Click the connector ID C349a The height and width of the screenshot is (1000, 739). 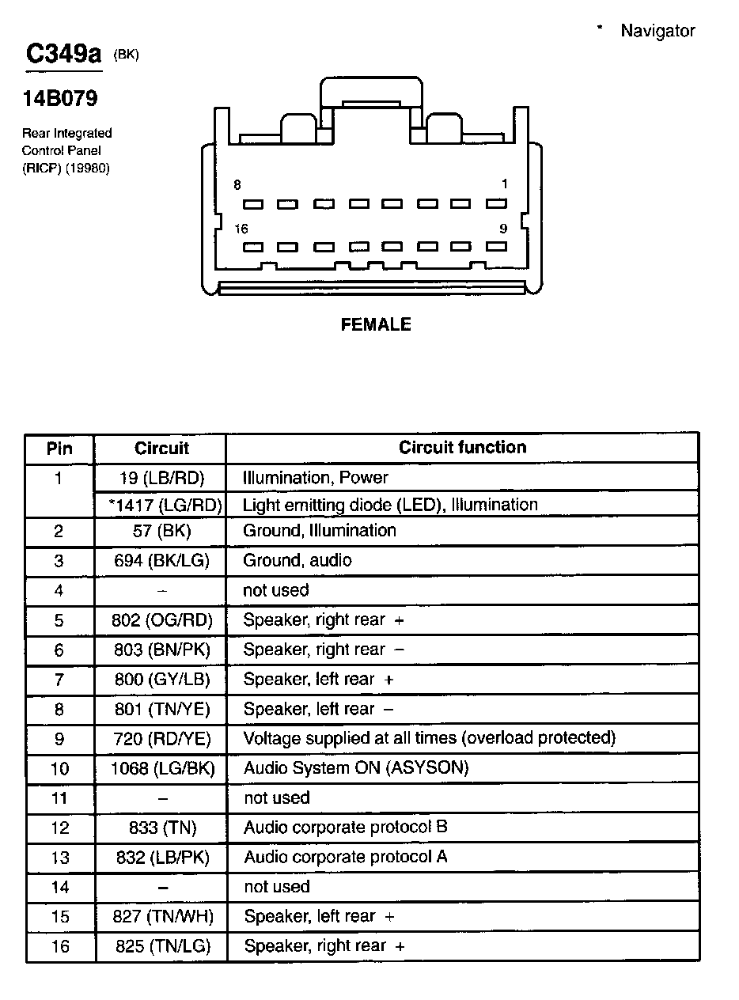64,54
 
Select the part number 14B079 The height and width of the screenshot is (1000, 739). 60,99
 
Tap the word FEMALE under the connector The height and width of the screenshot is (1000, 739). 376,324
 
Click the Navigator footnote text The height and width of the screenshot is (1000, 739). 657,31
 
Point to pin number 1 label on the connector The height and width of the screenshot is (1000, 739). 504,184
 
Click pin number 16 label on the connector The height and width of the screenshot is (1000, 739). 241,229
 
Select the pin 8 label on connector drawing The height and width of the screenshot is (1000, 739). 237,184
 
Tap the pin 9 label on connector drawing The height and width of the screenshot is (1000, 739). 503,229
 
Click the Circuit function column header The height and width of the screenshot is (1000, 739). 462,447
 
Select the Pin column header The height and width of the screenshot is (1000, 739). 59,449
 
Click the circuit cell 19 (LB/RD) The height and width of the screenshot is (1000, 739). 161,477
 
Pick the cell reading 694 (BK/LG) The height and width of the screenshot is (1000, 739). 161,561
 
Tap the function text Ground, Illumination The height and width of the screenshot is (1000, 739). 320,531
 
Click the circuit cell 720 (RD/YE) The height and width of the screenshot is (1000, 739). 161,739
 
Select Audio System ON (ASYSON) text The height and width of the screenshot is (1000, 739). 356,768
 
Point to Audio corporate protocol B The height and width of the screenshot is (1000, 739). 346,828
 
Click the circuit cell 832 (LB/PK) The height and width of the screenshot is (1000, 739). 161,858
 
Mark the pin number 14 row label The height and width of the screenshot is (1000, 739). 60,887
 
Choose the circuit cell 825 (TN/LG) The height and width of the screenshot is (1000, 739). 161,946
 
